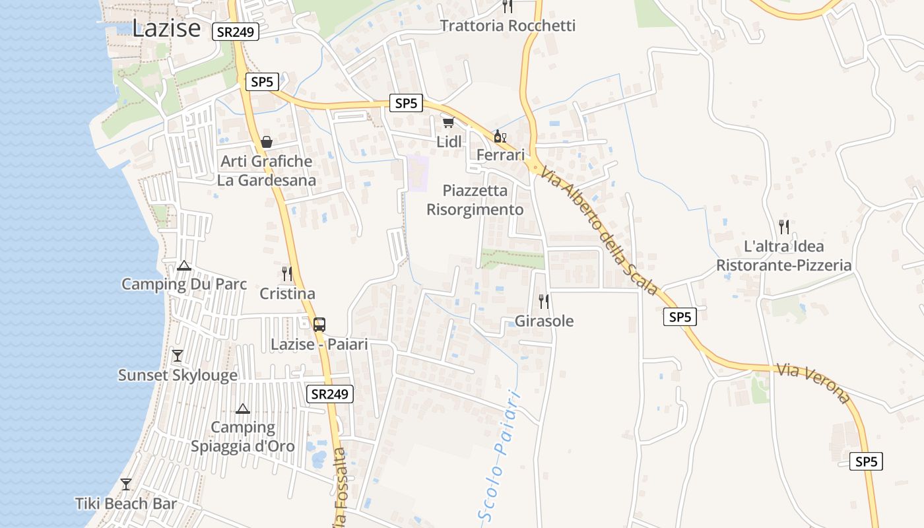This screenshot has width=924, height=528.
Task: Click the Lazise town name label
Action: (x=166, y=28)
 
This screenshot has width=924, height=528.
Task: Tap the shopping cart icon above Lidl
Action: (x=449, y=123)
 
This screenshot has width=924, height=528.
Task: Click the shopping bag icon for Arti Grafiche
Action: (x=267, y=142)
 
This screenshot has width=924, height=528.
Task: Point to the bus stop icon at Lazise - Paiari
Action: (x=319, y=325)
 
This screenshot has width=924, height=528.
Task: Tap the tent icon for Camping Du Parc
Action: (x=184, y=266)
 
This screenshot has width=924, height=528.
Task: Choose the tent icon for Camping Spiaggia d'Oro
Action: (x=243, y=409)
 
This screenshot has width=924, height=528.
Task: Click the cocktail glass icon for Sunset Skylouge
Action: (x=177, y=356)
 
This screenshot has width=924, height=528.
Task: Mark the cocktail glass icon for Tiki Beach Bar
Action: (x=126, y=484)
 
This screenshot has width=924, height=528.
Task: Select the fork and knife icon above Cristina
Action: (x=287, y=274)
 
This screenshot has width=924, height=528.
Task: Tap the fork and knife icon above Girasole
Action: (x=544, y=302)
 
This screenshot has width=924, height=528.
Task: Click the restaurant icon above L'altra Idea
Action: (x=784, y=227)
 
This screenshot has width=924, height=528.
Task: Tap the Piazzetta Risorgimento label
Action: (x=475, y=200)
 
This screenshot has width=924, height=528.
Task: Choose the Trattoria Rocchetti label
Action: (x=508, y=26)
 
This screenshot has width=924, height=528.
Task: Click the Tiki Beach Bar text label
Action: (x=126, y=504)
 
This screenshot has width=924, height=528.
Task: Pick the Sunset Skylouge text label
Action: (x=178, y=376)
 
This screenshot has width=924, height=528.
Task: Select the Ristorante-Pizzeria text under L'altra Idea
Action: (x=784, y=265)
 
